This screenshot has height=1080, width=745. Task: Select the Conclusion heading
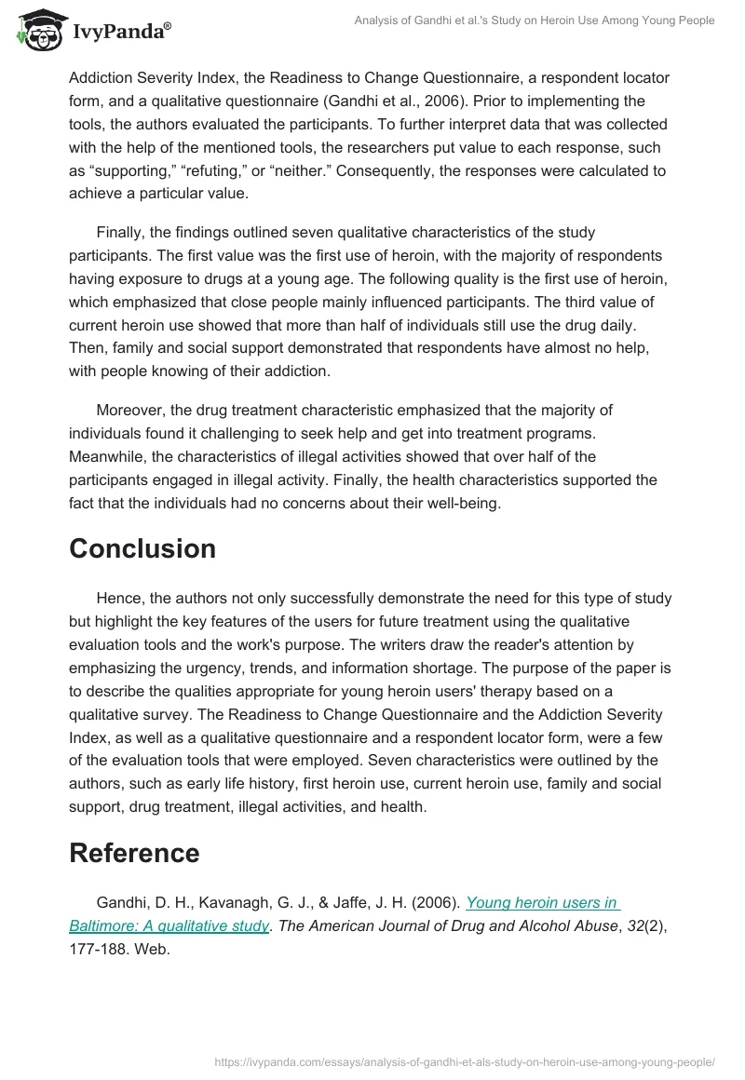(142, 548)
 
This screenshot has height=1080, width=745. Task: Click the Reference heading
(134, 853)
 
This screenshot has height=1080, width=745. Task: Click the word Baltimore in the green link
(103, 925)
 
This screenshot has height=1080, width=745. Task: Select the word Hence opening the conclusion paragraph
(118, 598)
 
